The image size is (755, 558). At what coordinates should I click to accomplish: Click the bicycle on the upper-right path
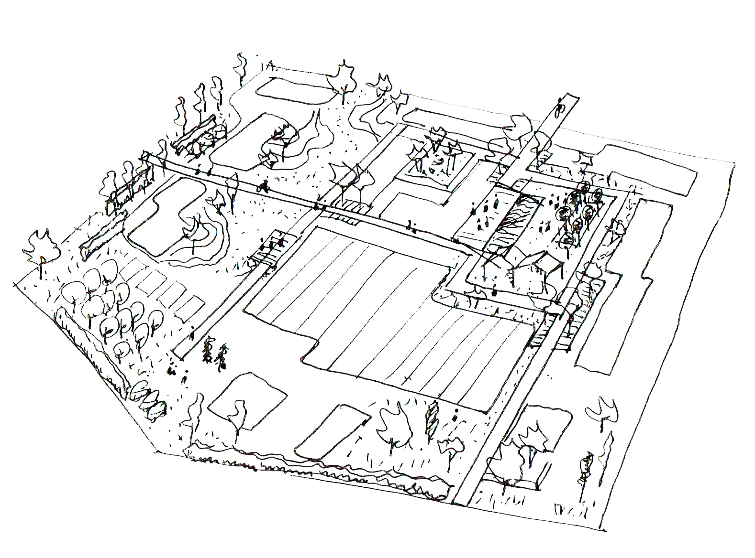559,111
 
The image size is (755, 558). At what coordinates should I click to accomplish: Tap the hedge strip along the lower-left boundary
96,354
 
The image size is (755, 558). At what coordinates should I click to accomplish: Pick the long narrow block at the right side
622,287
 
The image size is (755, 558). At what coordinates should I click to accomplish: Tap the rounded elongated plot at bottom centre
333,430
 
